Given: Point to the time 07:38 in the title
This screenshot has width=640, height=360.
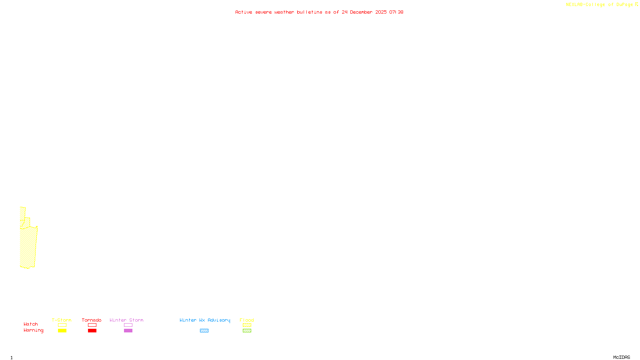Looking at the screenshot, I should [x=396, y=12].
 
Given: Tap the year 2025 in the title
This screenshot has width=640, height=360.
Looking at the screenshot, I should [x=381, y=12].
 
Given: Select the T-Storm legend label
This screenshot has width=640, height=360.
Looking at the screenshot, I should [x=62, y=320].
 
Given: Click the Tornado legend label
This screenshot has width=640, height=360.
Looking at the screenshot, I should [x=92, y=320].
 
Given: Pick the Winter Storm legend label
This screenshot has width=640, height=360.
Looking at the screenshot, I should [x=126, y=320].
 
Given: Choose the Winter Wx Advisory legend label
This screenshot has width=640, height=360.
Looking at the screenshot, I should [x=205, y=320].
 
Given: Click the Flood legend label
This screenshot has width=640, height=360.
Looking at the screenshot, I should [x=247, y=320].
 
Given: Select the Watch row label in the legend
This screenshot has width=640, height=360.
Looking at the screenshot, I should [x=31, y=324].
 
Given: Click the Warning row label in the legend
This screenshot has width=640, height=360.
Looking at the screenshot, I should [x=33, y=330].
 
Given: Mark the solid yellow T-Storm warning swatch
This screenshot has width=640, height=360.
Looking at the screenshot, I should [x=62, y=331].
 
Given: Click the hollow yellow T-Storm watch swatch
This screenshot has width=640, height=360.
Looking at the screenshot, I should [x=62, y=325].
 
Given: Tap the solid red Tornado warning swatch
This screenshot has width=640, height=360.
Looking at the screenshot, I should [x=92, y=331].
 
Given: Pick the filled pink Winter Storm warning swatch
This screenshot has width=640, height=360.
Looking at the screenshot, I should [x=128, y=331].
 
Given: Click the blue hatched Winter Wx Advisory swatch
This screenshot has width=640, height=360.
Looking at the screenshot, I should [x=204, y=331].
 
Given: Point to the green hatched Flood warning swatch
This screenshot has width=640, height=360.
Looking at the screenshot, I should [x=247, y=331].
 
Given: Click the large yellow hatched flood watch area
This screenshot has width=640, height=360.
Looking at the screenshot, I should [x=28, y=246].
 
